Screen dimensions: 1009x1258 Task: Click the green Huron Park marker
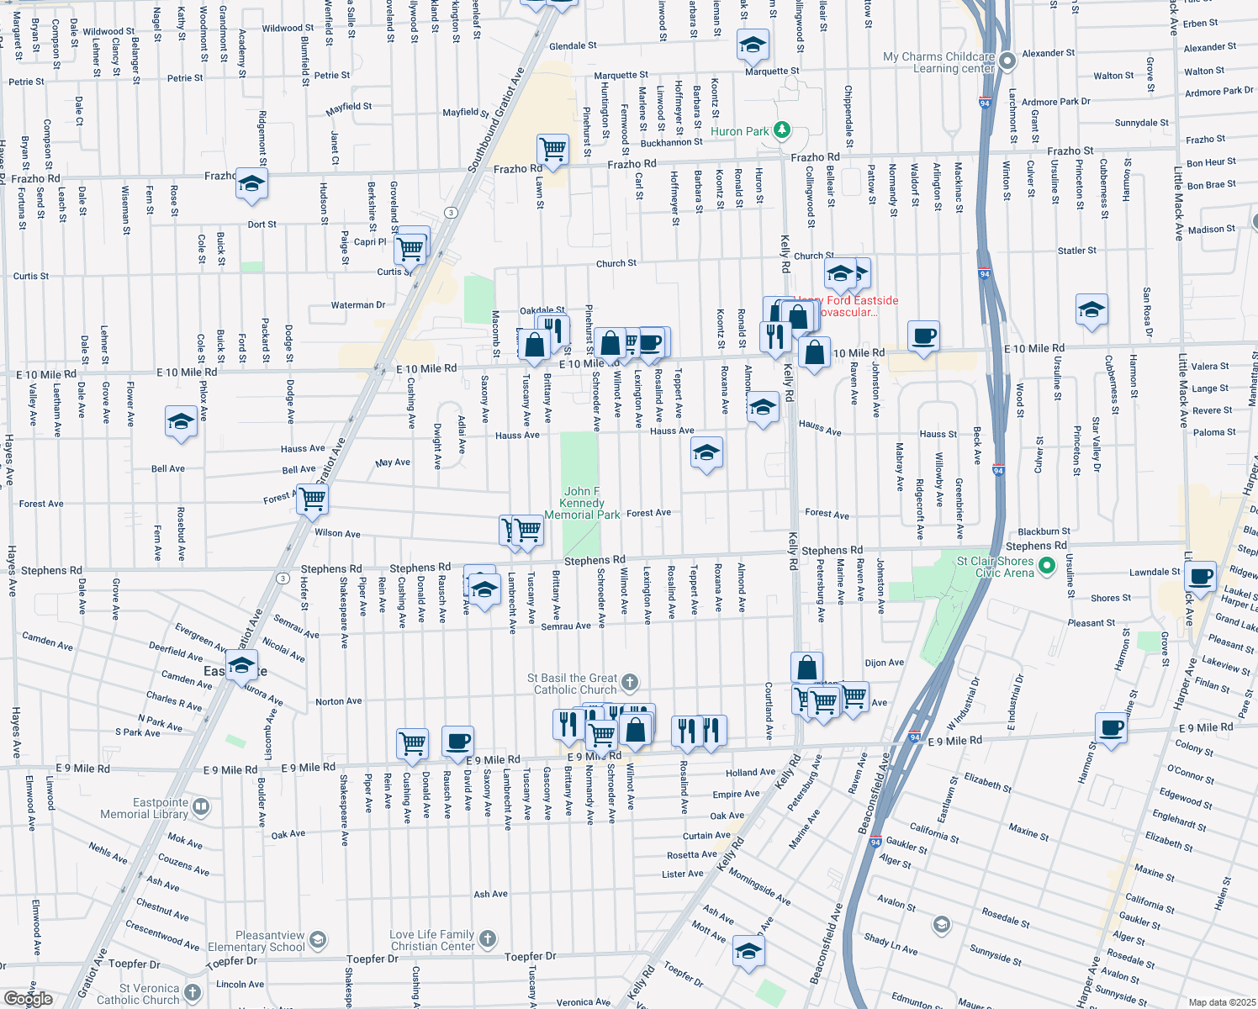point(782,130)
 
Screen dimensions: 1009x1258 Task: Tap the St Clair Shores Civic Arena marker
point(1046,567)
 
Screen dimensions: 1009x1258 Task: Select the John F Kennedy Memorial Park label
point(582,503)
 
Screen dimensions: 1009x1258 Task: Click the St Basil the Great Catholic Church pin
point(630,683)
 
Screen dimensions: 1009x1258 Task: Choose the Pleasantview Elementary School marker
point(317,940)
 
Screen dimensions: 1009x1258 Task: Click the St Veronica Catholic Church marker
point(193,993)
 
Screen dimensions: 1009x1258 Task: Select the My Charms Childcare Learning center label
point(938,62)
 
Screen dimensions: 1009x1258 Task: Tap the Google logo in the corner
point(28,999)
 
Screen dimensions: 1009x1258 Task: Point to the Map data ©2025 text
point(1222,1002)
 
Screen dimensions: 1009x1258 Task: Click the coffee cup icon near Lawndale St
point(1201,577)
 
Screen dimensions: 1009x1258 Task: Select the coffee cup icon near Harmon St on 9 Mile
point(1111,728)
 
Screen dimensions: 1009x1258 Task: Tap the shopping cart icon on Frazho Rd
point(552,150)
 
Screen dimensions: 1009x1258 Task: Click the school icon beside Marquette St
point(753,45)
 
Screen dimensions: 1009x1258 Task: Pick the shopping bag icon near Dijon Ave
point(806,668)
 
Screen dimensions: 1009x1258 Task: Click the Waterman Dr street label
point(358,305)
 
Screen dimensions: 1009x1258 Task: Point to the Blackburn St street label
point(1044,531)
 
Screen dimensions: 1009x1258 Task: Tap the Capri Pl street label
point(370,241)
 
